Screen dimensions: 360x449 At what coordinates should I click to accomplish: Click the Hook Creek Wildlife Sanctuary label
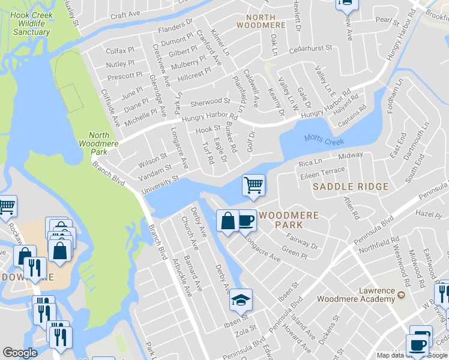pyautogui.click(x=31, y=23)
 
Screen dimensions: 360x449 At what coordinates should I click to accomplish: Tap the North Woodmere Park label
pyautogui.click(x=100, y=144)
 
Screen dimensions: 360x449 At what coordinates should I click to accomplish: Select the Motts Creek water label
pyautogui.click(x=324, y=139)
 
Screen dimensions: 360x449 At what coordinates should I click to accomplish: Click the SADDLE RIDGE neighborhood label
pyautogui.click(x=351, y=187)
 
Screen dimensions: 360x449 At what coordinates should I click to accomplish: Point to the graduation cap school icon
pyautogui.click(x=241, y=299)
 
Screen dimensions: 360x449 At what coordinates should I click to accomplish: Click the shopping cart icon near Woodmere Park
pyautogui.click(x=253, y=185)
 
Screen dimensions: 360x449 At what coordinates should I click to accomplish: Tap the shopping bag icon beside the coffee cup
pyautogui.click(x=228, y=221)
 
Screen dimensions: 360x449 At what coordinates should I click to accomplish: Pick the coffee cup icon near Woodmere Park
pyautogui.click(x=246, y=220)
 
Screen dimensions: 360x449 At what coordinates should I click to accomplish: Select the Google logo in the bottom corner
pyautogui.click(x=20, y=353)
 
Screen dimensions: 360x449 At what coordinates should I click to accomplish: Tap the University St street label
pyautogui.click(x=160, y=185)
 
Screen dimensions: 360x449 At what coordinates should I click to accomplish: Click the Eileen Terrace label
pyautogui.click(x=322, y=172)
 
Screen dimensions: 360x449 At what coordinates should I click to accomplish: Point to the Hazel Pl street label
pyautogui.click(x=427, y=214)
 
